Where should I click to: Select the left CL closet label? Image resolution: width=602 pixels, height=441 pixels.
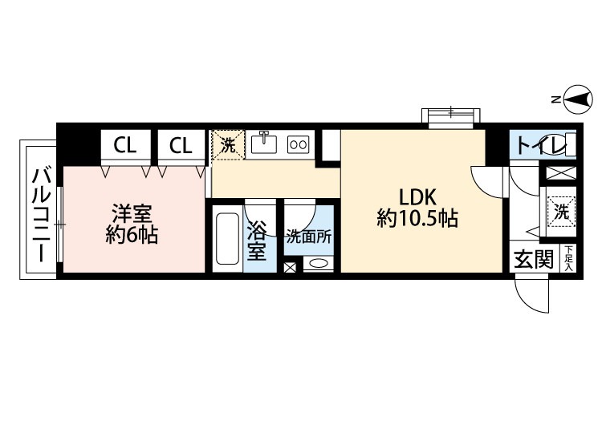coord(124,145)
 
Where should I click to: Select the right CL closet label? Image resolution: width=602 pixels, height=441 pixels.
coord(181,145)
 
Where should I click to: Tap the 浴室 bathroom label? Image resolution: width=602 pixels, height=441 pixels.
coord(256,241)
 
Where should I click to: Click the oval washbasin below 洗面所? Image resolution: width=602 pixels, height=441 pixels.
coord(317,264)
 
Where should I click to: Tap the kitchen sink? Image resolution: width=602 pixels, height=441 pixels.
coord(263,144)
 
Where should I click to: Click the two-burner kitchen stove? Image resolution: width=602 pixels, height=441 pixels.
coord(298,144)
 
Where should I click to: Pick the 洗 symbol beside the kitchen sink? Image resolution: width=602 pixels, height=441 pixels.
coord(227,145)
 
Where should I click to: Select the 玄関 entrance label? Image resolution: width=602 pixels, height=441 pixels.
coord(534,259)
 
